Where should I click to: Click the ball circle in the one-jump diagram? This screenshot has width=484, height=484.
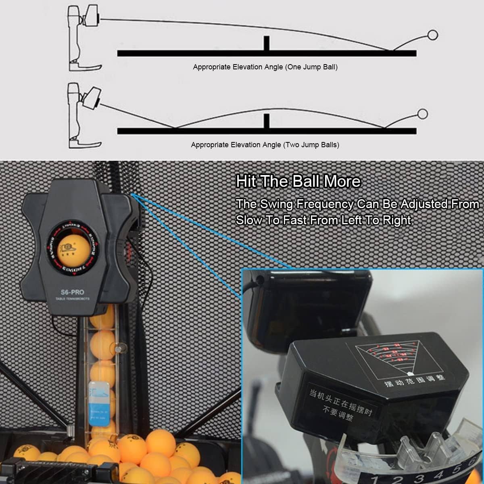click(432, 35)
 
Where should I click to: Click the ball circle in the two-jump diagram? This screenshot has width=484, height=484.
click(422, 114)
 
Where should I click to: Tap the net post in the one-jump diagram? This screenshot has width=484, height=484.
click(266, 44)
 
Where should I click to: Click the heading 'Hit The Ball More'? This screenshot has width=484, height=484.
click(298, 181)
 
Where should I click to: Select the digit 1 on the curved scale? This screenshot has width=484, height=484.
click(375, 479)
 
